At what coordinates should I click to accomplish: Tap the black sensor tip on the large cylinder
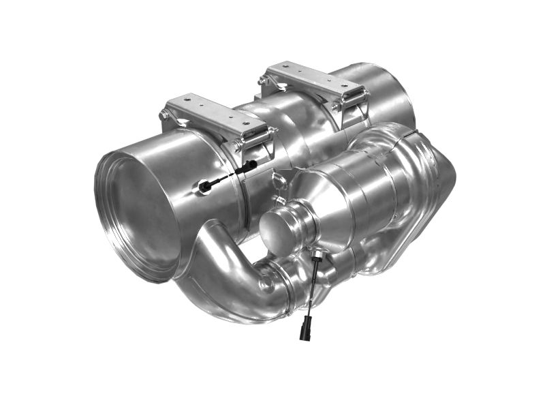[205, 186]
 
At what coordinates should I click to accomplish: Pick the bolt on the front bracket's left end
[164, 117]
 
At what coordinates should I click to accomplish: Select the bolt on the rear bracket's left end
[262, 80]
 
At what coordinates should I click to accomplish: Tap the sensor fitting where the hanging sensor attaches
[317, 255]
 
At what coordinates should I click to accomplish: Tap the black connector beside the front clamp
[249, 164]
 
